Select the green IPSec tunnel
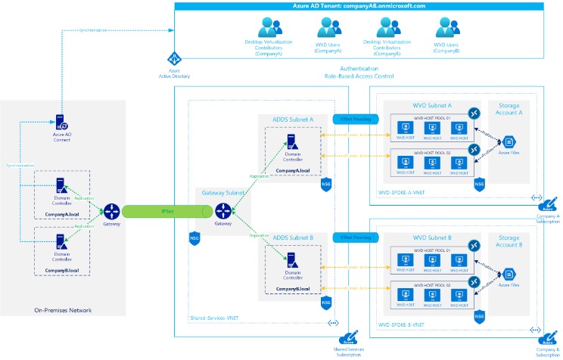tap(165, 210)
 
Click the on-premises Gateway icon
tap(110, 209)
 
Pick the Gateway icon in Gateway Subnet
tap(222, 210)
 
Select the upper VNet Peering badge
tap(354, 119)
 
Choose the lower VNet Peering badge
tap(354, 237)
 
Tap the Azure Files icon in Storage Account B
tap(509, 273)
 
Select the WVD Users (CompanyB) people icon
tap(446, 29)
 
